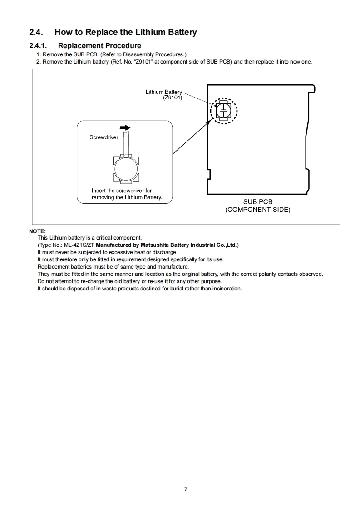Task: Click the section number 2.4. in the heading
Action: pyautogui.click(x=36, y=32)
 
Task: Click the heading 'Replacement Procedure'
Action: pyautogui.click(x=99, y=45)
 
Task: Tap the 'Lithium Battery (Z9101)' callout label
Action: pyautogui.click(x=164, y=94)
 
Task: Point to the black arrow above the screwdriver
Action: pyautogui.click(x=126, y=128)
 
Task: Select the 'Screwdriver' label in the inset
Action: pyautogui.click(x=104, y=137)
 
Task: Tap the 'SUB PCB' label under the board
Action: pyautogui.click(x=257, y=202)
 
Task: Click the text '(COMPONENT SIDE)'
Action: pyautogui.click(x=257, y=210)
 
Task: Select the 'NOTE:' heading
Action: pyautogui.click(x=37, y=231)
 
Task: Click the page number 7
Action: pyautogui.click(x=186, y=489)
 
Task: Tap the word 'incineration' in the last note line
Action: pyautogui.click(x=226, y=289)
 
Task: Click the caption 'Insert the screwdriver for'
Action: pyautogui.click(x=122, y=191)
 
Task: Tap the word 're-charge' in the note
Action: pyautogui.click(x=86, y=281)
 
